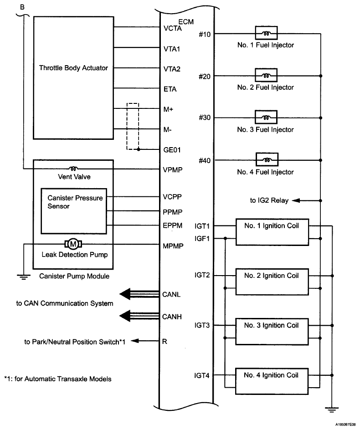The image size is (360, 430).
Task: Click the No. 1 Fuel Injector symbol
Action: point(265,34)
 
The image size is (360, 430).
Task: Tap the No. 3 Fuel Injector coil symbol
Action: point(265,118)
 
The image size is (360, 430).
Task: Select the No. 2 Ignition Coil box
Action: point(272,282)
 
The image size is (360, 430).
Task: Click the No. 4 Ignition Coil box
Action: point(272,381)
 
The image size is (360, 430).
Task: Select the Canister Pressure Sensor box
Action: point(74,210)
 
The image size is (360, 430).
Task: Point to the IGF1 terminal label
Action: point(202,238)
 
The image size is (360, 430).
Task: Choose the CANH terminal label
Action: point(172,317)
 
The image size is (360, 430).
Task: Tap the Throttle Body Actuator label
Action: point(73,68)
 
